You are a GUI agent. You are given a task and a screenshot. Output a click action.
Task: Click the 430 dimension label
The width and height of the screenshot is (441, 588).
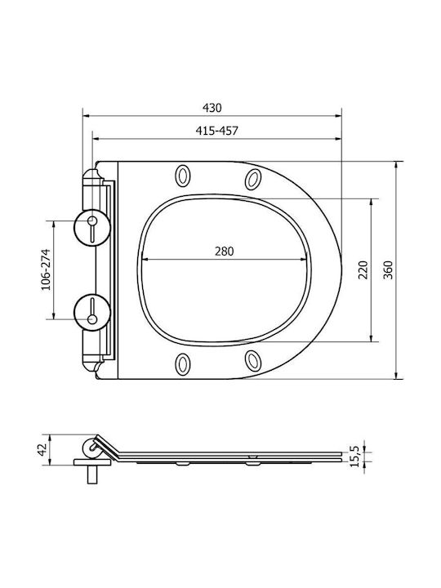tap(212, 108)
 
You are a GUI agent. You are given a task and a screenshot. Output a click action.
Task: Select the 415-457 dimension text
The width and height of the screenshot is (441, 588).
tap(216, 131)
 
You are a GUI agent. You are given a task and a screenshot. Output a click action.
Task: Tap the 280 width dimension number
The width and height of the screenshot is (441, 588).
tap(225, 251)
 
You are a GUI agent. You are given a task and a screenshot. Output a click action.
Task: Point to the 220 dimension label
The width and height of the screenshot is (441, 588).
tap(363, 269)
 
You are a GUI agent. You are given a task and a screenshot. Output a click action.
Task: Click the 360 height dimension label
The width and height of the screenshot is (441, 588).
tap(388, 269)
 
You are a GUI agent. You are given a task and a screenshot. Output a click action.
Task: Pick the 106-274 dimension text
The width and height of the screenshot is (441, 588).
tap(46, 269)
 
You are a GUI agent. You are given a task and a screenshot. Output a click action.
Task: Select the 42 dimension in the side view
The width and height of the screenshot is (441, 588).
tap(42, 449)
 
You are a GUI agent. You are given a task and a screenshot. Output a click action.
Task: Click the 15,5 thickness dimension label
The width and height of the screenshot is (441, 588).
tap(354, 456)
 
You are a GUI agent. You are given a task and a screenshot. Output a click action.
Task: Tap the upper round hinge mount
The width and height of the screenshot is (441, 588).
tap(91, 228)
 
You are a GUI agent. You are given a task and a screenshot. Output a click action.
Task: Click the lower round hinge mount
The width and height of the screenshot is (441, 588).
tap(91, 312)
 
